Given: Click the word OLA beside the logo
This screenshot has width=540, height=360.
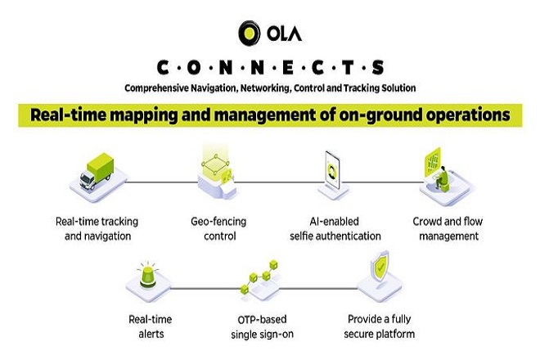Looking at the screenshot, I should (x=284, y=34).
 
